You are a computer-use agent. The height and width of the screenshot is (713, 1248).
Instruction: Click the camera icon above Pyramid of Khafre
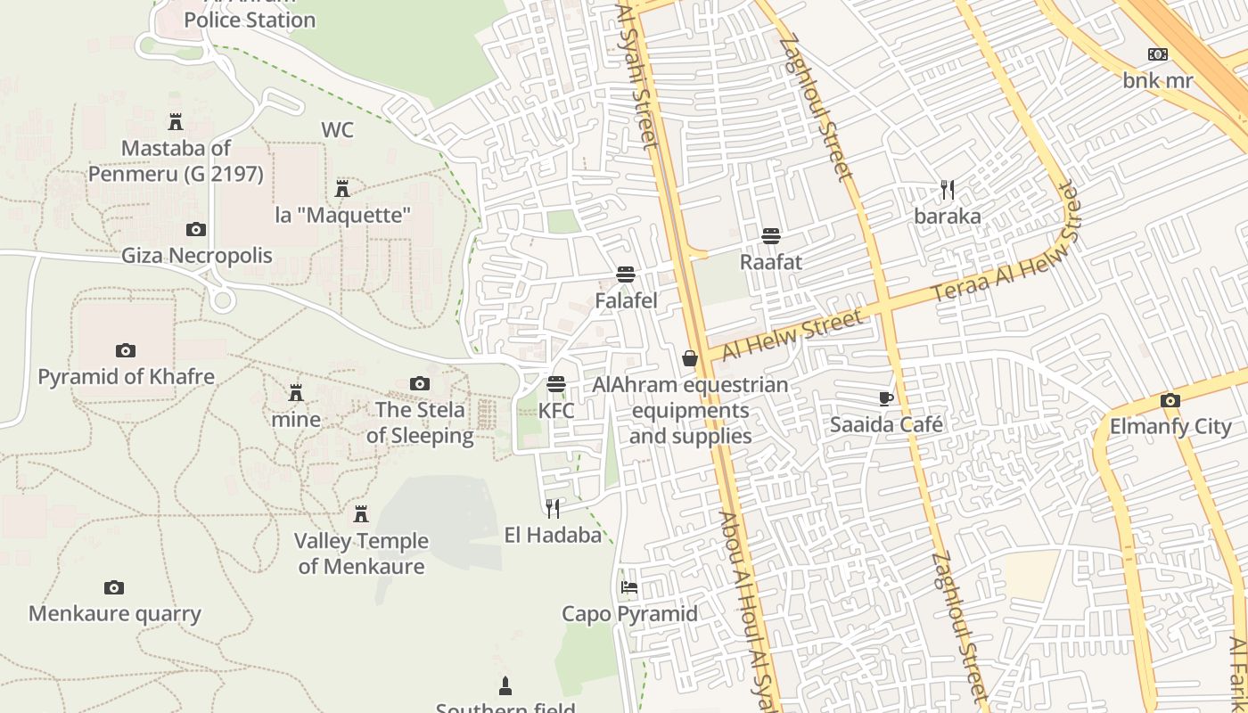point(126,350)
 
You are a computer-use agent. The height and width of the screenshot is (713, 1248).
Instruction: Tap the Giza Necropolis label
point(197,256)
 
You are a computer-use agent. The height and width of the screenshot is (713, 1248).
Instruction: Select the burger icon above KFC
point(556,384)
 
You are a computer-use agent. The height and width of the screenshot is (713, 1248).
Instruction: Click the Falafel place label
point(626,300)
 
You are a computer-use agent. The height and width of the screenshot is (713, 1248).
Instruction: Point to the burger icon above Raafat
point(771,235)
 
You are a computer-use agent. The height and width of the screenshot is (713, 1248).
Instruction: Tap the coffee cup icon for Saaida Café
point(885,397)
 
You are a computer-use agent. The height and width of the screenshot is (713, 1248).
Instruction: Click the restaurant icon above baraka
point(948,189)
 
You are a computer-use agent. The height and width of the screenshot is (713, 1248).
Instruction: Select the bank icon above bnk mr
point(1158,54)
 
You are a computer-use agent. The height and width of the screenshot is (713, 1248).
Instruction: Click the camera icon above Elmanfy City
point(1170,400)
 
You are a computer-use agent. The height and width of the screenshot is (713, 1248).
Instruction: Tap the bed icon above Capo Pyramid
point(629,587)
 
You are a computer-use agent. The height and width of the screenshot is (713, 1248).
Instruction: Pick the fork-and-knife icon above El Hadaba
point(553,508)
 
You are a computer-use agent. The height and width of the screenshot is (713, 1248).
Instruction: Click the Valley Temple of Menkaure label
point(361,553)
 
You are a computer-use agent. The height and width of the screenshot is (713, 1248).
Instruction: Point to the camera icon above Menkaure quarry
point(114,587)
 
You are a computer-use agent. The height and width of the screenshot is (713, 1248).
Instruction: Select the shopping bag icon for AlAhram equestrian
point(690,358)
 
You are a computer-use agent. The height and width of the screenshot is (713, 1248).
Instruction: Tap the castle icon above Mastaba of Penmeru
point(176,121)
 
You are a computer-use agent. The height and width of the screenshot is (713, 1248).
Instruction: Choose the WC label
point(337,130)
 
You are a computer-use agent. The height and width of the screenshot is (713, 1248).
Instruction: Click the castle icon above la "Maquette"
point(342,188)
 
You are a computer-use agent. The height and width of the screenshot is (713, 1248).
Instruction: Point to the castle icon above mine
point(296,392)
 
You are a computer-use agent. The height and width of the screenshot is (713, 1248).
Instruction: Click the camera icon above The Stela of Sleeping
point(420,384)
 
